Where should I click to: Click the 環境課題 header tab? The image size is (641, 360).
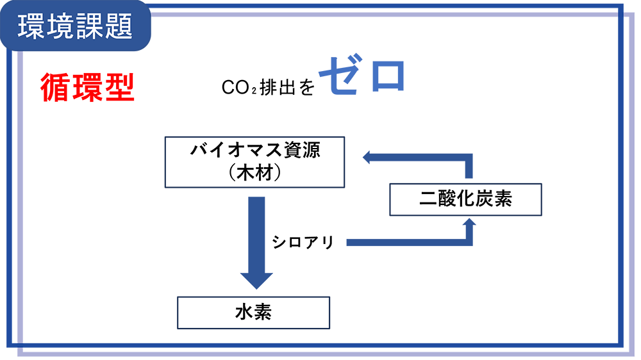click(76, 26)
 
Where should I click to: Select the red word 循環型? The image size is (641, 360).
click(87, 88)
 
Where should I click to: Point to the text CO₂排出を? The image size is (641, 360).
click(269, 88)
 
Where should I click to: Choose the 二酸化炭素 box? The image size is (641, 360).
click(466, 199)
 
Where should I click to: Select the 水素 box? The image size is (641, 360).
click(253, 312)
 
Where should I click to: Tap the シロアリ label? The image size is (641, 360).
click(303, 242)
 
